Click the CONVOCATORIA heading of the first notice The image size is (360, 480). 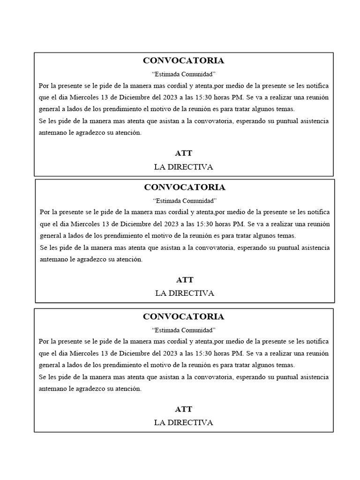[x=183, y=60]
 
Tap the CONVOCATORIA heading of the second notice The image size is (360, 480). [x=185, y=187]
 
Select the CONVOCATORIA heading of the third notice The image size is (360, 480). [x=183, y=316]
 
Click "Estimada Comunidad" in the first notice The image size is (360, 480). [x=184, y=74]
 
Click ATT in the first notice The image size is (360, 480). [x=183, y=153]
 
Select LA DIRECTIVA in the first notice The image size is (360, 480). [x=183, y=167]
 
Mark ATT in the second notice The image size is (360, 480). [x=185, y=280]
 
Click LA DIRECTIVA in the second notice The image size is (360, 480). [x=185, y=293]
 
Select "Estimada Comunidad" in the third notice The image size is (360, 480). [x=184, y=330]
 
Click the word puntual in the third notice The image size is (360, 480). [x=285, y=377]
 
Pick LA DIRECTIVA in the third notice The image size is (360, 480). [x=183, y=423]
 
